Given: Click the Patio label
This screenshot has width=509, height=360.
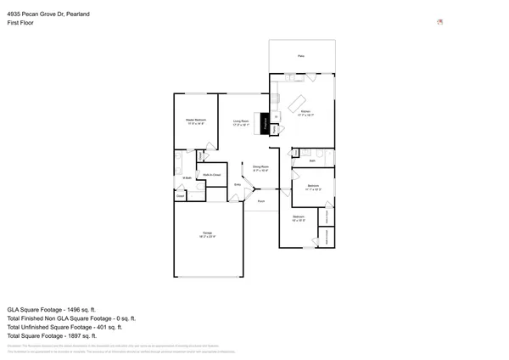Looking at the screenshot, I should pos(301,56).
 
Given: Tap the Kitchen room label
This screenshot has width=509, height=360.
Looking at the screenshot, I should pos(305,111).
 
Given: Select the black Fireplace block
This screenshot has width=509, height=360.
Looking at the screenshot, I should pos(266,124).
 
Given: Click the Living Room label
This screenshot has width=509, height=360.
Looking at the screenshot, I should pos(241,121).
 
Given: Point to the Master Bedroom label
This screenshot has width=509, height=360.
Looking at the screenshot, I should pos(196,121).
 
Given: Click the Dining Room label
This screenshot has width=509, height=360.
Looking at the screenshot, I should pos(260,166).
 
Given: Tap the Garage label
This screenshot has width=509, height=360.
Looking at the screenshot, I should pos(207,233).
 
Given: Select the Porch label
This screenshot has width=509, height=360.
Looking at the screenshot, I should pos(261,200).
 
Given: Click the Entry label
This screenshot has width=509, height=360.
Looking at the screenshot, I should pos(238,183).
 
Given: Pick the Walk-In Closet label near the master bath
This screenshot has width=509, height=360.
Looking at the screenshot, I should pos(212,175).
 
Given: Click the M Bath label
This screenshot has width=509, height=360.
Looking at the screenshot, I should pos(186,177).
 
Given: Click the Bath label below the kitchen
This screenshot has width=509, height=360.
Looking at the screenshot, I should pos(312,160).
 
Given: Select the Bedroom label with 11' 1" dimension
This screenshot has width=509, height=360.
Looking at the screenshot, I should pos(313,186).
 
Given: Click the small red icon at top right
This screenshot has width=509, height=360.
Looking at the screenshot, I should pos(439,22).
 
